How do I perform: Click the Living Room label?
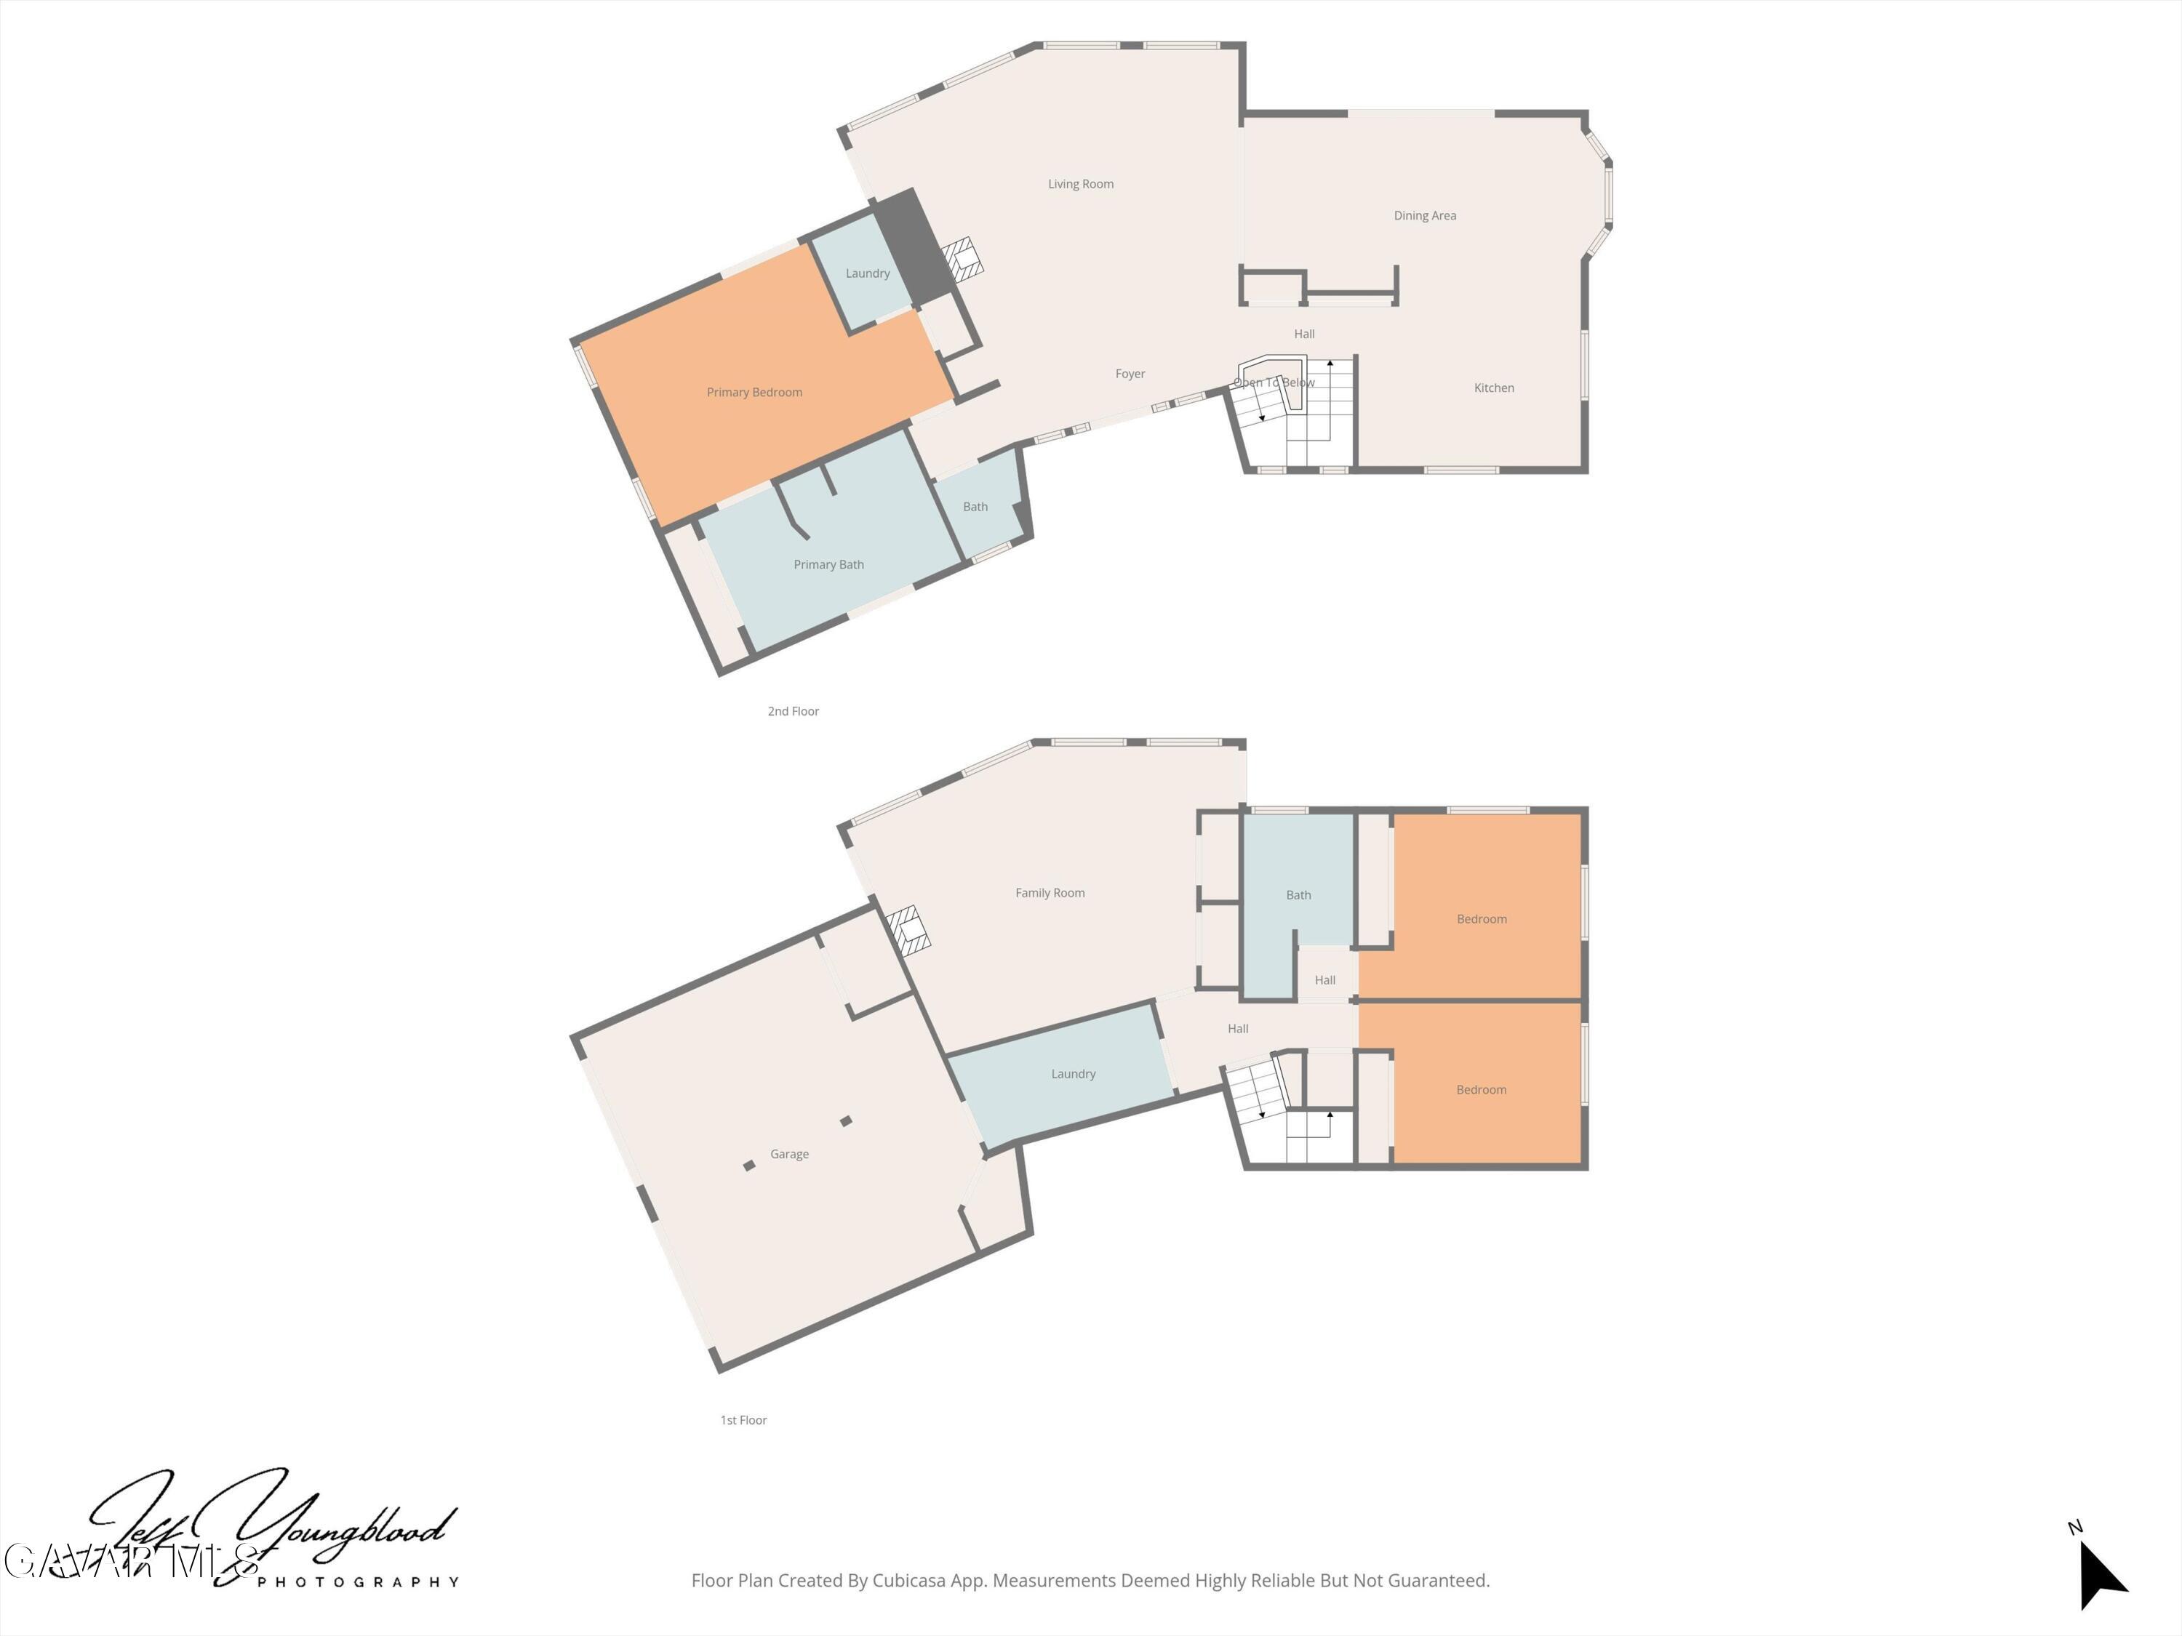pos(1080,185)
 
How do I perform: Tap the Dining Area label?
pos(1424,216)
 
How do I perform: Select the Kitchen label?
pos(1493,388)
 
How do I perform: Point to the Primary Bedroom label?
pos(755,393)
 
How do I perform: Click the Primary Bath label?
pos(828,565)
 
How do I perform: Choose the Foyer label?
pos(1130,374)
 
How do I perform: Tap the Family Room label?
pos(1050,894)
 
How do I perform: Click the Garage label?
pos(789,1155)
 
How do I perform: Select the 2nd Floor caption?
pos(793,712)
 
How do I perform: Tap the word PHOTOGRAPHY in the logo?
pos(358,1583)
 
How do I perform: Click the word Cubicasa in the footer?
pos(908,1581)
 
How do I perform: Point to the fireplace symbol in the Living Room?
pos(962,258)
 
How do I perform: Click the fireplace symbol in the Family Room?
pos(906,930)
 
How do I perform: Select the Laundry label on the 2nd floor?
pos(867,274)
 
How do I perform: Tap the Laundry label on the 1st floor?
pos(1074,1075)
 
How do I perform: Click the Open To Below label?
pos(1274,382)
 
